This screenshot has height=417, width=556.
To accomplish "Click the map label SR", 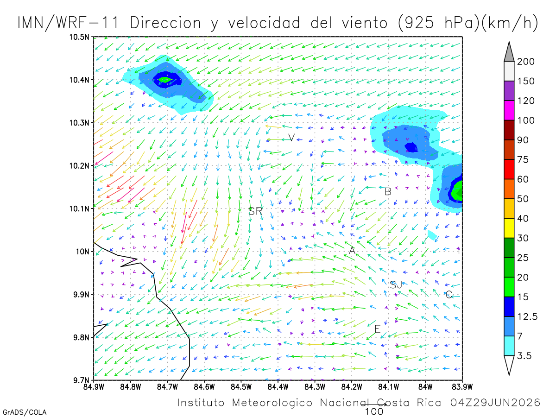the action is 255,211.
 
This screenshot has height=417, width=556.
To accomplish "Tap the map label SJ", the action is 396,285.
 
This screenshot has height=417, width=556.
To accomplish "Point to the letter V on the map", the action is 291,138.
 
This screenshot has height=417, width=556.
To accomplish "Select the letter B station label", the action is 388,192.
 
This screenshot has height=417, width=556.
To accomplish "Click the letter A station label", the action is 352,250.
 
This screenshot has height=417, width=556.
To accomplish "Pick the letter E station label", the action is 378,329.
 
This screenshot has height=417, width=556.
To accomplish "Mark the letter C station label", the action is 449,295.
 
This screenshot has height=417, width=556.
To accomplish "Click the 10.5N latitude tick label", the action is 79,37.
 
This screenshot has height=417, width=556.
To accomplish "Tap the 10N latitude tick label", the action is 82,252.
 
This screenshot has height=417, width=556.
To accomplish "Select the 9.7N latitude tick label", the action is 81,380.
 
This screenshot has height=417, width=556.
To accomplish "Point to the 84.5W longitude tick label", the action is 241,387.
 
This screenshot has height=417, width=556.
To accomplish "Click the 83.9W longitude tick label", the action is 462,387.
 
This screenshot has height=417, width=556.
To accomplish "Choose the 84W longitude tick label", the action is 425,387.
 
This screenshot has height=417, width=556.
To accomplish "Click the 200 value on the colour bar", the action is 525,62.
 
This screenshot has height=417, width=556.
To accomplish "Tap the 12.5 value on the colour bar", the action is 527,316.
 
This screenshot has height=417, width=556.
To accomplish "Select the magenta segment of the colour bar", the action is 509,110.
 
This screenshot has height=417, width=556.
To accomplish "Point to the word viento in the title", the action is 365,23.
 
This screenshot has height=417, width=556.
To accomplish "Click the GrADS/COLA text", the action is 25,412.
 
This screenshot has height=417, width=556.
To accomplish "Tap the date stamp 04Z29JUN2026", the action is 495,403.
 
